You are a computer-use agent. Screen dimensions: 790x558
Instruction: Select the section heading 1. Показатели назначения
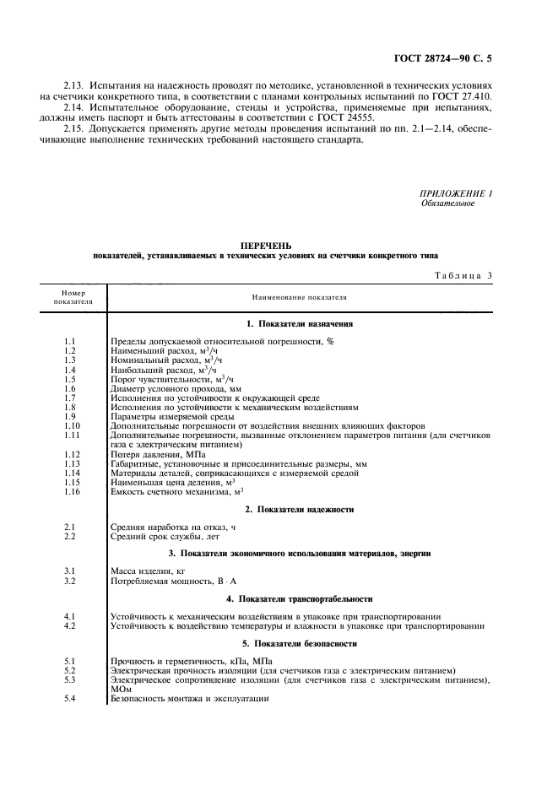pos(299,323)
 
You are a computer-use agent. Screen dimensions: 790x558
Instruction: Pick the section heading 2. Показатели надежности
pos(299,510)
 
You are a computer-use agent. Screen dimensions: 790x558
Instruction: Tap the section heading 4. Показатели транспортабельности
pos(299,598)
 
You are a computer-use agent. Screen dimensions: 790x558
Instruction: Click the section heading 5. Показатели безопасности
pos(299,643)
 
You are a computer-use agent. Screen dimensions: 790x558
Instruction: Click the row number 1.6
pos(70,389)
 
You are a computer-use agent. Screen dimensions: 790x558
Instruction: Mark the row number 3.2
pos(70,582)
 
